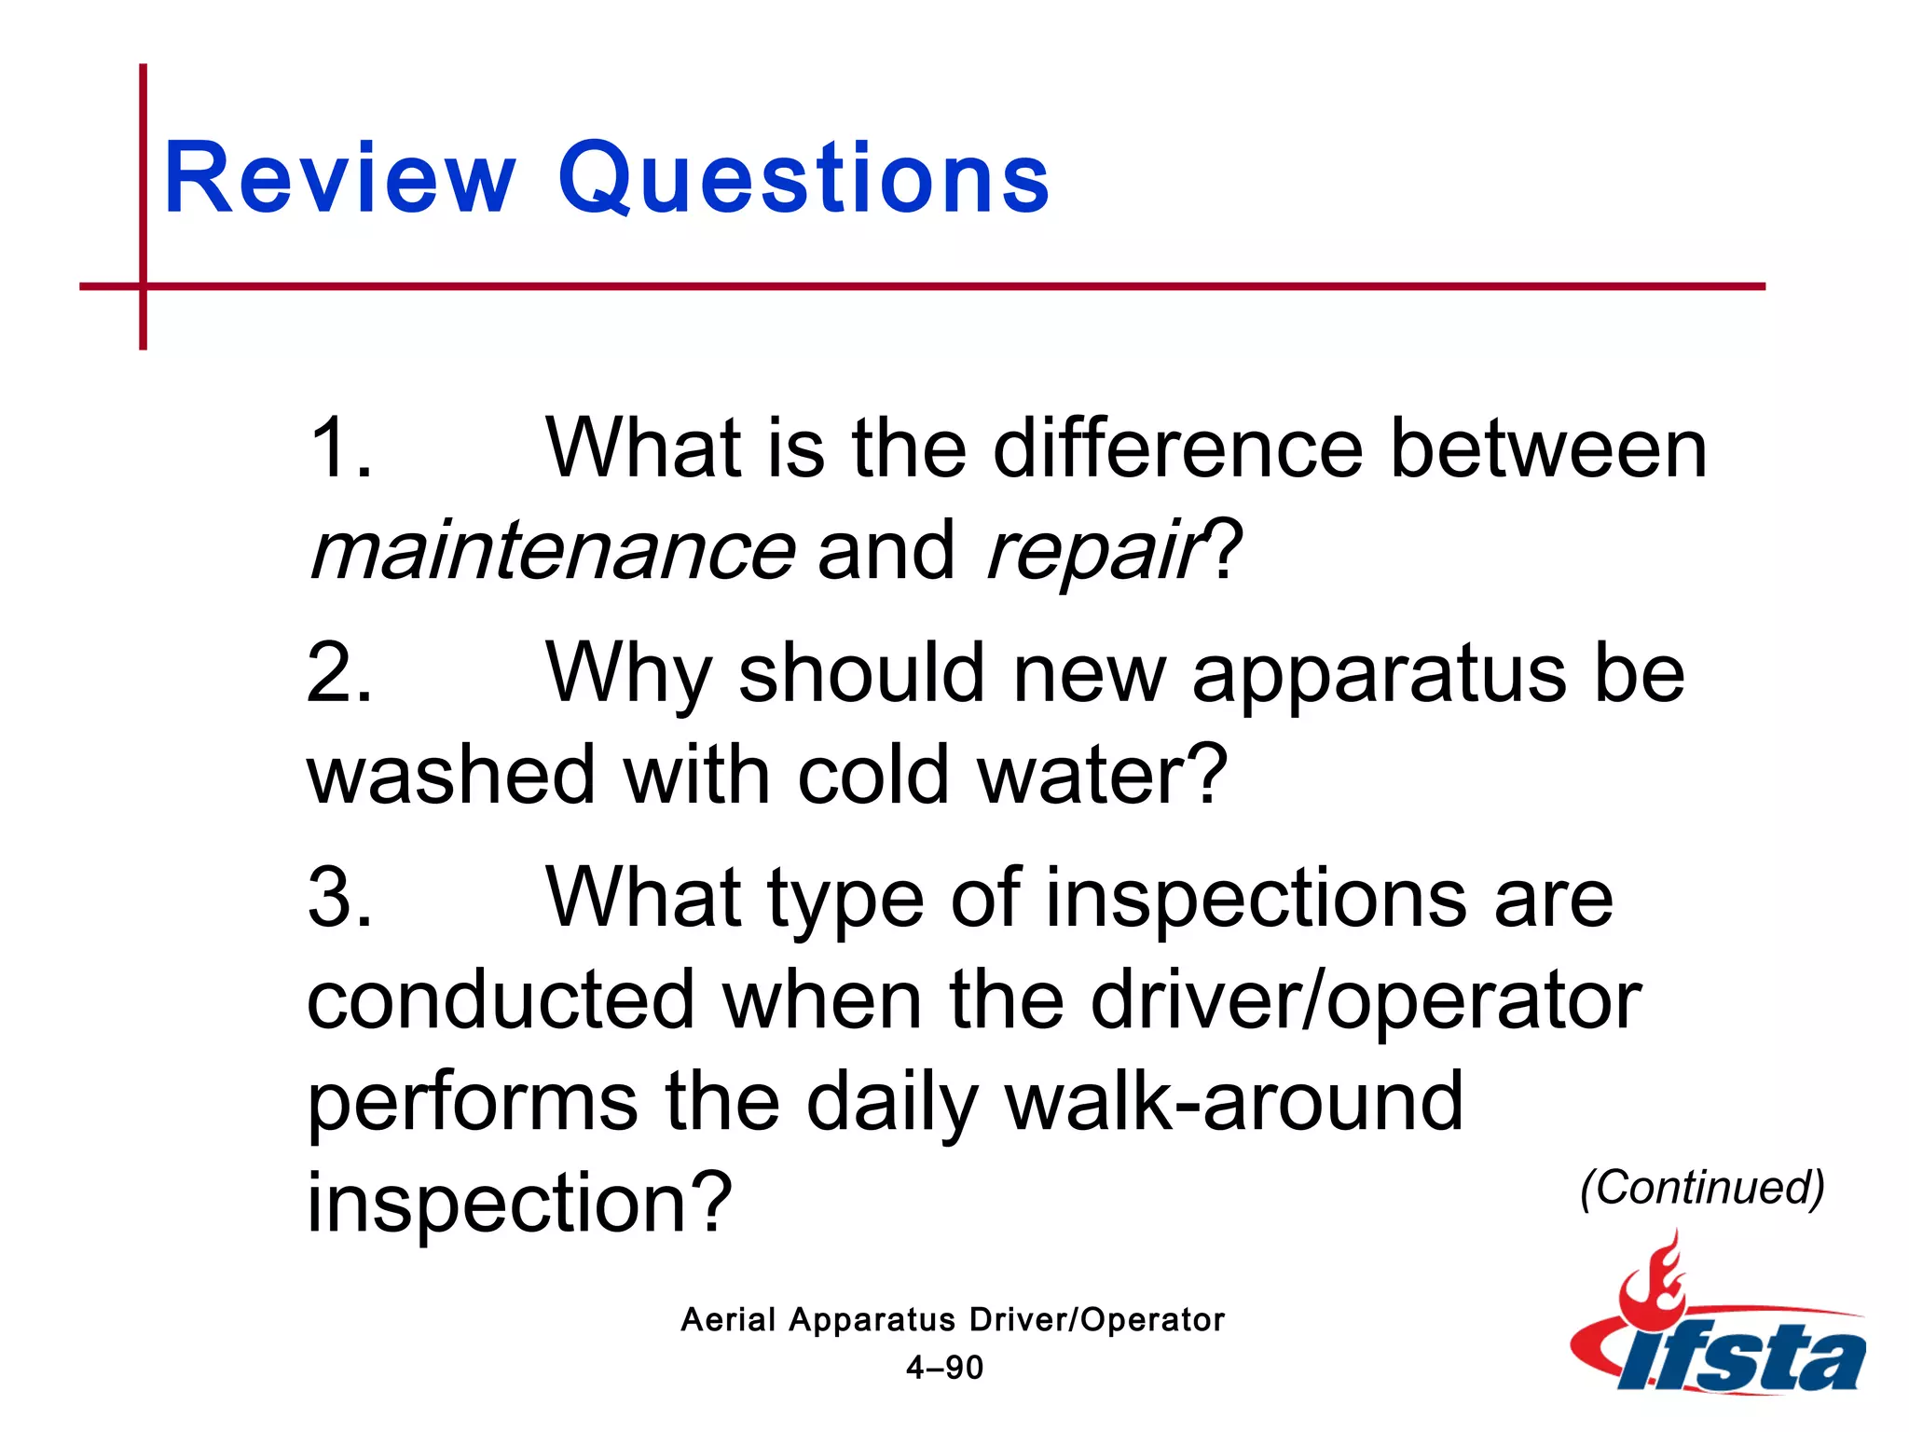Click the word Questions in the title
(803, 179)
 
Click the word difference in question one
(1177, 449)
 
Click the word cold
(872, 776)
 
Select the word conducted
(501, 999)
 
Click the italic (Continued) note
(1702, 1188)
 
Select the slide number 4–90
(944, 1368)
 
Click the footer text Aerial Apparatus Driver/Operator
(952, 1319)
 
